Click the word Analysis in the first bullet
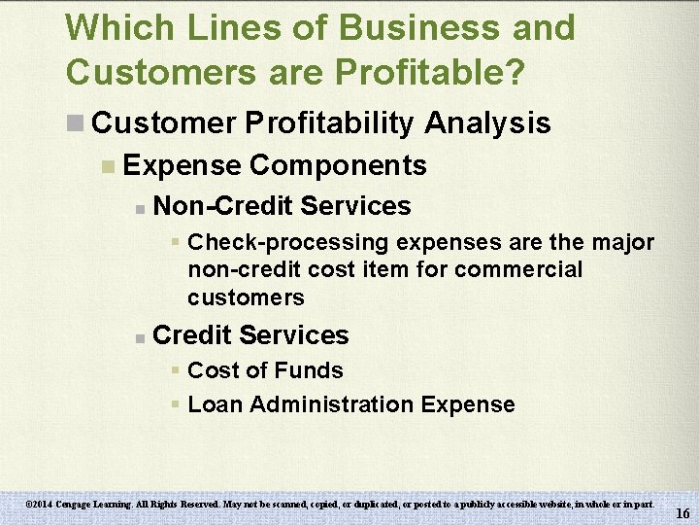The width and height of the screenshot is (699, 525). pos(487,123)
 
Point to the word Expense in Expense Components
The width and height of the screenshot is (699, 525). pos(183,166)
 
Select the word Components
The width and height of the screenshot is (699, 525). pos(338,166)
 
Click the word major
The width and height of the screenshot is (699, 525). pos(621,241)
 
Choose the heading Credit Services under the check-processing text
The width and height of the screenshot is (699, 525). pos(250,335)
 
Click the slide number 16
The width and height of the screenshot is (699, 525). pos(682,513)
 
